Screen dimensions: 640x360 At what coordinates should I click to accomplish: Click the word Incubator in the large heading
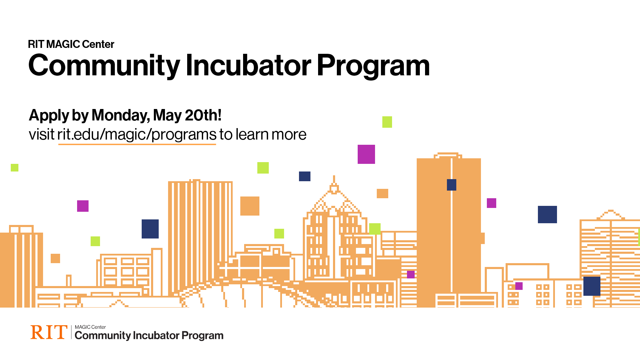(249, 65)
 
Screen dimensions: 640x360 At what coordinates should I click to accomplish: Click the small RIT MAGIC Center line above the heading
(71, 44)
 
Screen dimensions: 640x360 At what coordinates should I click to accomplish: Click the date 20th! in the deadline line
(203, 115)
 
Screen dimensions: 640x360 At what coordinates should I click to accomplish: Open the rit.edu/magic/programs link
(137, 135)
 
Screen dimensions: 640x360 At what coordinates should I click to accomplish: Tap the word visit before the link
(42, 134)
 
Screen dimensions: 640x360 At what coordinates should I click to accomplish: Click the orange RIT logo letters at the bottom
(49, 332)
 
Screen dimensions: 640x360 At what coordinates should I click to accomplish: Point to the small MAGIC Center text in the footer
(90, 327)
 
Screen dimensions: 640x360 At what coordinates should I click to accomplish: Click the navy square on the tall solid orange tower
(451, 185)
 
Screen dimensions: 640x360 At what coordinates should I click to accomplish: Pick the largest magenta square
(366, 154)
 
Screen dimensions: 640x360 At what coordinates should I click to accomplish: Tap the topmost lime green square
(387, 122)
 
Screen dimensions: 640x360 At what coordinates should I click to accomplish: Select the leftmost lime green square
(15, 168)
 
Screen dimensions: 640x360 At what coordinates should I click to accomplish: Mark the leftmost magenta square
(83, 206)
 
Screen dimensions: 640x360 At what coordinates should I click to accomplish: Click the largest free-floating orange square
(250, 206)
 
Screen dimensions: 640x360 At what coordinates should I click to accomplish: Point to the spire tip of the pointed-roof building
(334, 176)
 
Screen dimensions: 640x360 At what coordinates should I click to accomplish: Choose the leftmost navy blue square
(150, 229)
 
